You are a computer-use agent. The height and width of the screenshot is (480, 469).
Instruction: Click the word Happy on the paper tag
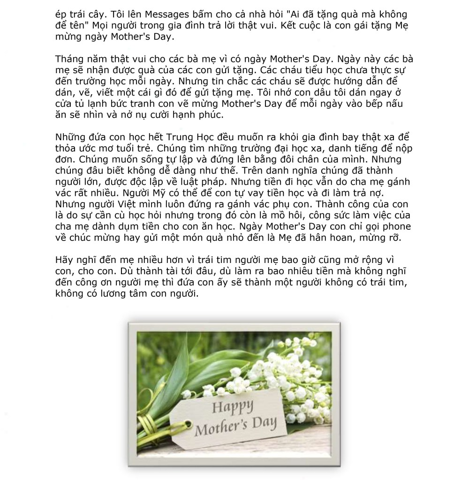[x=232, y=406]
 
